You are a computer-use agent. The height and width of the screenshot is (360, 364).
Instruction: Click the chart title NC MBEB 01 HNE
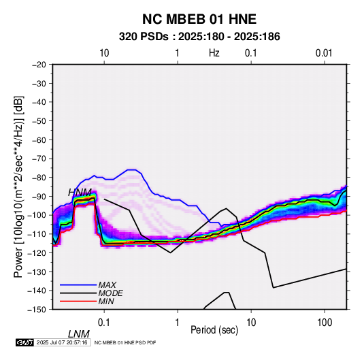click(199, 19)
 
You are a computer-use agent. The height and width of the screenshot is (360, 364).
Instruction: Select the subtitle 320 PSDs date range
click(199, 37)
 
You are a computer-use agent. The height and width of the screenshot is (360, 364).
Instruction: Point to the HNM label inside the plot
click(80, 193)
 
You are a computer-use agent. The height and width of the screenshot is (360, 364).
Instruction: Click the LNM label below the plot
click(78, 334)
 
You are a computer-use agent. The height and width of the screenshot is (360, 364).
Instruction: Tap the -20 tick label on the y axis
click(39, 65)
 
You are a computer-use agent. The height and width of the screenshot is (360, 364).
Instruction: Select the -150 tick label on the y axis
click(37, 309)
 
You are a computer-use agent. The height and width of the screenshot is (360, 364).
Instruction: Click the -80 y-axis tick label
click(39, 178)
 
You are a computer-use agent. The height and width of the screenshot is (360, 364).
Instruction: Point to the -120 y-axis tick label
click(37, 252)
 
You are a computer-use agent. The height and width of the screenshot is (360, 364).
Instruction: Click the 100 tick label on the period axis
click(325, 323)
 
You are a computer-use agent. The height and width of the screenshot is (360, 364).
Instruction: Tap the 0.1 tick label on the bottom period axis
click(104, 323)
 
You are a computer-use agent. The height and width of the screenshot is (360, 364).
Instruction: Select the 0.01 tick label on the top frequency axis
click(324, 53)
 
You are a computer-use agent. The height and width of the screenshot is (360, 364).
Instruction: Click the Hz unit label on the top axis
click(214, 53)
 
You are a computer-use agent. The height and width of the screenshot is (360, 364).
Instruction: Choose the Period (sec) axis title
click(214, 330)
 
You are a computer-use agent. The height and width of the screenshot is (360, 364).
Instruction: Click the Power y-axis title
click(18, 187)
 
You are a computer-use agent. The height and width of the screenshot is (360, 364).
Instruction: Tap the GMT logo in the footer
click(24, 342)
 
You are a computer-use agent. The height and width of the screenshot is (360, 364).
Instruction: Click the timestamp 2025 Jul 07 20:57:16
click(62, 342)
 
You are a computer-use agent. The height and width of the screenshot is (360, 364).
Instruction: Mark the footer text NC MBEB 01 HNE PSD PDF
click(125, 342)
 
